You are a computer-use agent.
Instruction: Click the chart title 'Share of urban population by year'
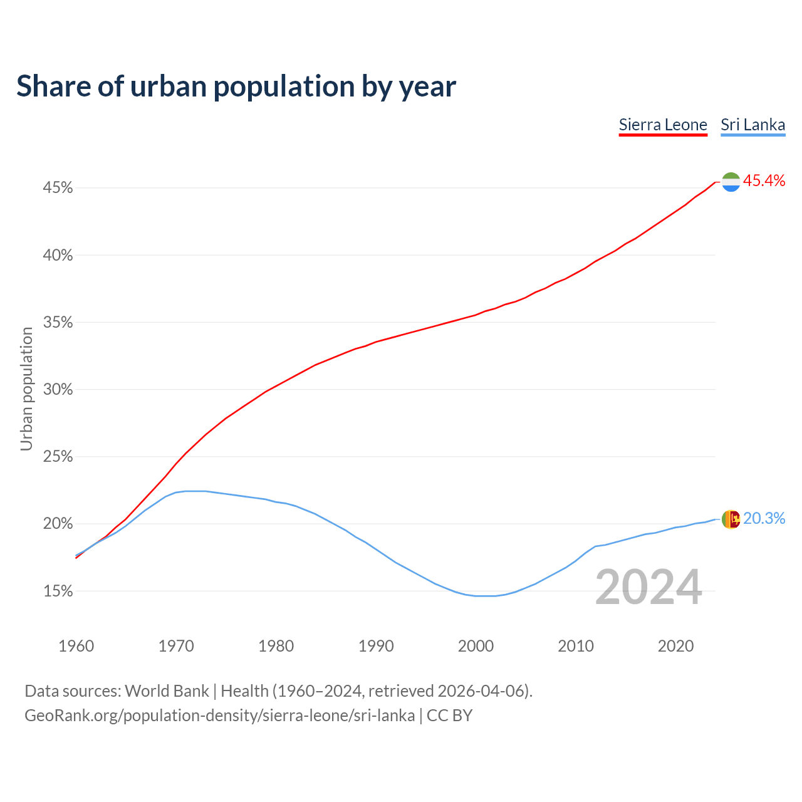236,86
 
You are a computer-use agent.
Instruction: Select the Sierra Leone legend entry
663,125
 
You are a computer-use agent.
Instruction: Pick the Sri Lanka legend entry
753,125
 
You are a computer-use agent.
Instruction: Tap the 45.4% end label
764,181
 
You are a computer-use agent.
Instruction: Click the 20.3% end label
764,519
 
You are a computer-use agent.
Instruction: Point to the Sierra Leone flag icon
731,182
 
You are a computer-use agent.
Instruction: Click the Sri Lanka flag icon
731,519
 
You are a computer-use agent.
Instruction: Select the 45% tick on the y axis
58,188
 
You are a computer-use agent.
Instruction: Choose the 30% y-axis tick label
58,390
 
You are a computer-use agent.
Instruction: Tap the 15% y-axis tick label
58,591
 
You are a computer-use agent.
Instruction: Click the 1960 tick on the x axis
76,646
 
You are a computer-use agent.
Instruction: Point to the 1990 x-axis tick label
376,646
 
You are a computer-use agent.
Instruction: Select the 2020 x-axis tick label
675,646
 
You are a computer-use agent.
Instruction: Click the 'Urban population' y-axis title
26,389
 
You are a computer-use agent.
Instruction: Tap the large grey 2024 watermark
648,588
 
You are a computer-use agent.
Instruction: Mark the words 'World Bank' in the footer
167,691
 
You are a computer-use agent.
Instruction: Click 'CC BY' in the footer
449,716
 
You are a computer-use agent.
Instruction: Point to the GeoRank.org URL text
219,716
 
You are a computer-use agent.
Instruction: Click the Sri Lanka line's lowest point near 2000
486,596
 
